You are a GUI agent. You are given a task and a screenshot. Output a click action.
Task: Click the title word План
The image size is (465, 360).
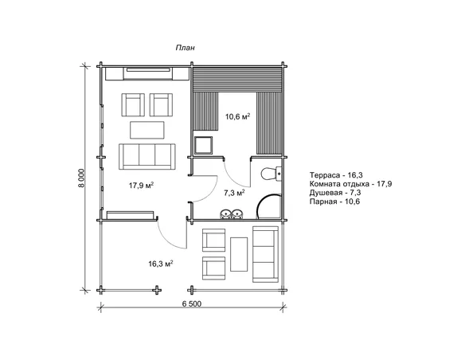(x=186, y=48)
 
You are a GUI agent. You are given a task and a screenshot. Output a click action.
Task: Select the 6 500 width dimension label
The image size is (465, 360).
(x=192, y=304)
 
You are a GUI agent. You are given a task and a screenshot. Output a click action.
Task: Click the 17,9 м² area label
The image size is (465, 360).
(x=141, y=186)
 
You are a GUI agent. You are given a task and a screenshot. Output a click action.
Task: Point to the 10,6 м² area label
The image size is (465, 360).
(x=237, y=116)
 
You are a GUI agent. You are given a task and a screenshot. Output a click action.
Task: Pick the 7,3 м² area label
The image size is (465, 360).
(x=234, y=193)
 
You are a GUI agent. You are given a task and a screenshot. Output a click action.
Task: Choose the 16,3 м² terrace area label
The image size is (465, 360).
(x=161, y=264)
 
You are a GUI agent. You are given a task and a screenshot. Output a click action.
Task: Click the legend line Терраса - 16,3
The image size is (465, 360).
(x=336, y=175)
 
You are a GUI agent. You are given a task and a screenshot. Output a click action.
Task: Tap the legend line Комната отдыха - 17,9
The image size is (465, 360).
(x=350, y=184)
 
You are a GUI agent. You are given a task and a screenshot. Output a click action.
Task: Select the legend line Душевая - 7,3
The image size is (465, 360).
(x=335, y=193)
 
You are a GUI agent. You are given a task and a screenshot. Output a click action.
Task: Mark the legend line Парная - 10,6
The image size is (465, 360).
(x=334, y=202)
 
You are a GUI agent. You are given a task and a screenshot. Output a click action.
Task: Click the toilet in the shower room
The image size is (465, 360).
(x=271, y=174)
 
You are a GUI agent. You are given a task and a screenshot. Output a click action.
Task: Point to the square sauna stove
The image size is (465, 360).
(x=204, y=145)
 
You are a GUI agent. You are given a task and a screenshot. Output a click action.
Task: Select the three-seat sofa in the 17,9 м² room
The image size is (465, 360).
(x=147, y=157)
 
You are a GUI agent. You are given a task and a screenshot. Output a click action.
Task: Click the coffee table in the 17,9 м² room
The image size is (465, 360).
(x=147, y=130)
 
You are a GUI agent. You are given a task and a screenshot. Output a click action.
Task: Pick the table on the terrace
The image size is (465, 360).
(x=239, y=254)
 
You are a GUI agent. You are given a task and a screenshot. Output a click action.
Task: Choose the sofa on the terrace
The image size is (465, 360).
(x=265, y=254)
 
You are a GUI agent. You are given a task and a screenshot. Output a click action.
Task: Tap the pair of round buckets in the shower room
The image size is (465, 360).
(x=232, y=214)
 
